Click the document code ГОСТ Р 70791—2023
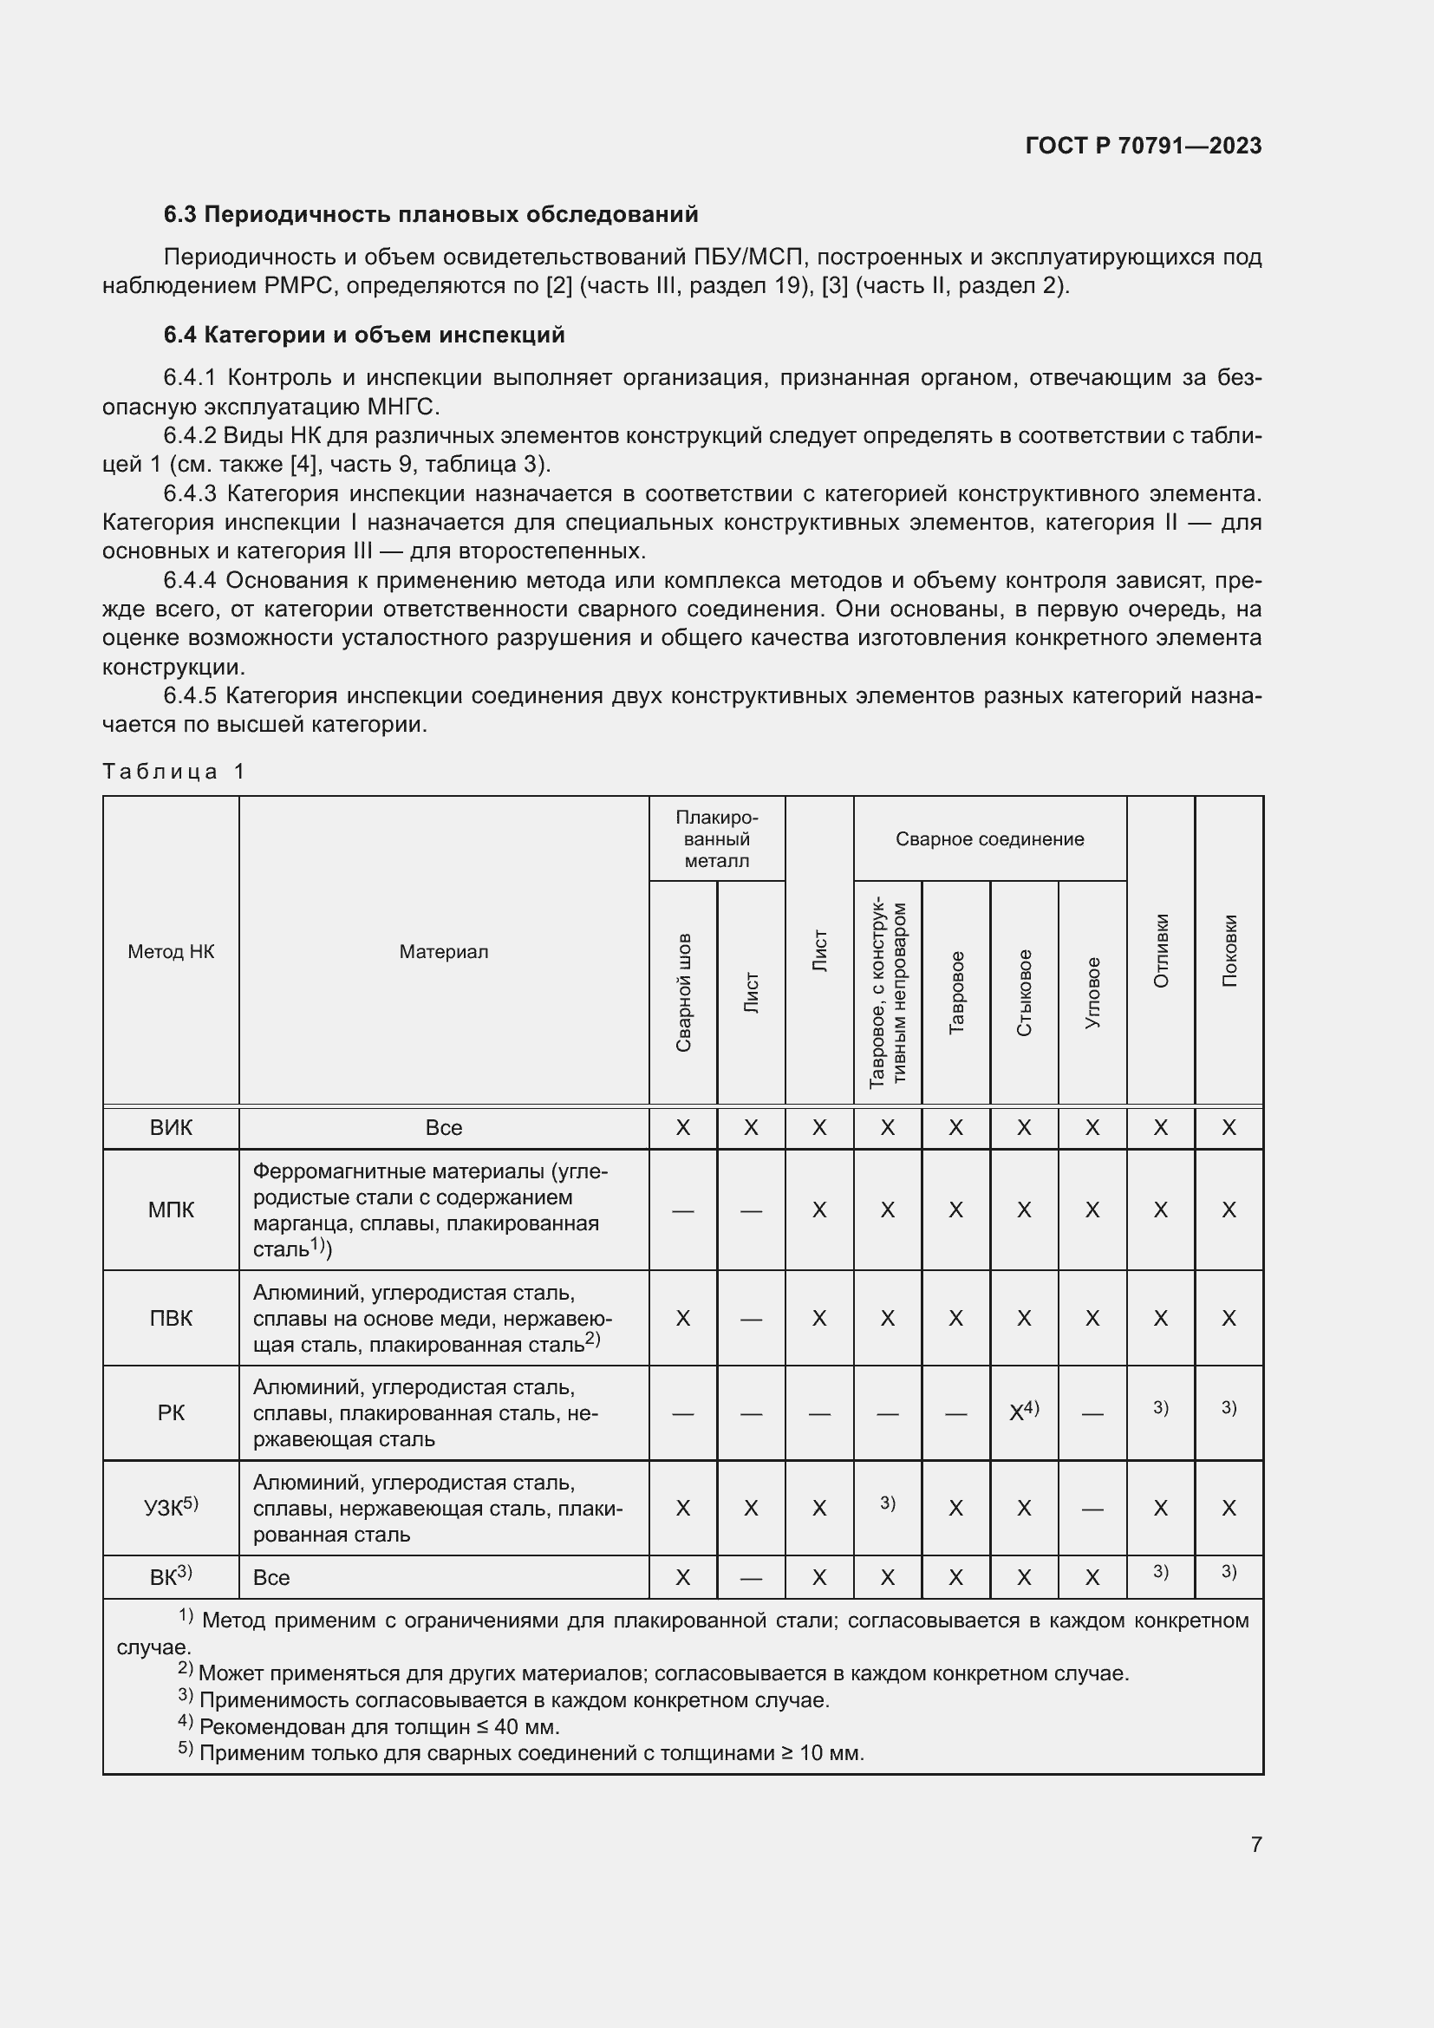1143,146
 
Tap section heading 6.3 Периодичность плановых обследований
431,215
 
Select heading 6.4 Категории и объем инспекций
364,335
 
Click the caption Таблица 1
174,771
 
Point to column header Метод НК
171,951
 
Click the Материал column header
443,951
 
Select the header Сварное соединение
989,839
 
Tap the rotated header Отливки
1160,951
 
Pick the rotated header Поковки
1229,951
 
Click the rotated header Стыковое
1023,993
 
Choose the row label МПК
171,1210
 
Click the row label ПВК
171,1318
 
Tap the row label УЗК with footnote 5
171,1507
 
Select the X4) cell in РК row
1023,1412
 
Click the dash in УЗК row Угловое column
1092,1509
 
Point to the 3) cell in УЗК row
888,1503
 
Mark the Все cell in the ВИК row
443,1128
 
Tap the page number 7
1255,1844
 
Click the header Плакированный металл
716,839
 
